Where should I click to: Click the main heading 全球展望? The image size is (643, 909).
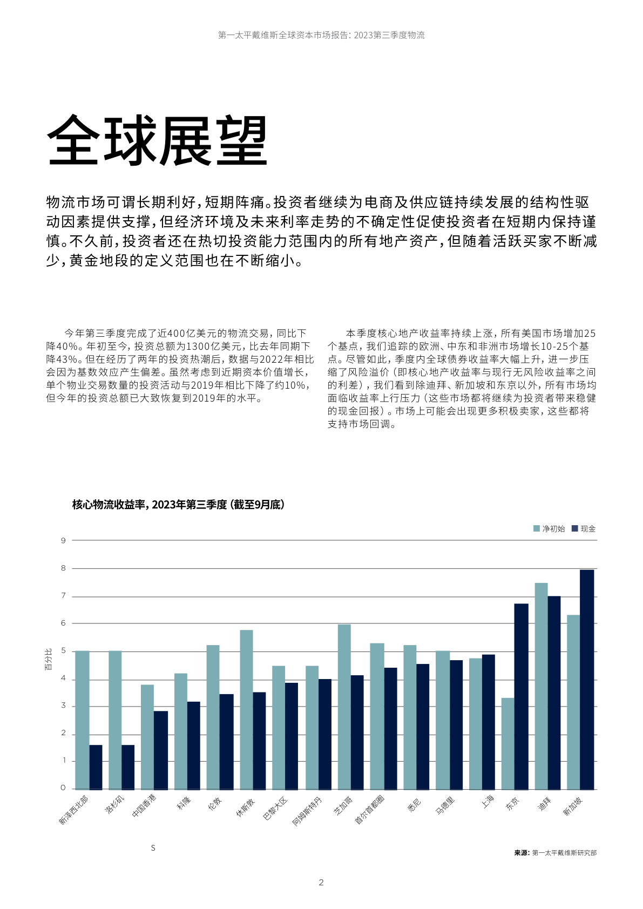tap(157, 140)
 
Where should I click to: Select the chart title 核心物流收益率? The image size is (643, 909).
tap(178, 505)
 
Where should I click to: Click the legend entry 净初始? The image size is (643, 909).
tap(549, 529)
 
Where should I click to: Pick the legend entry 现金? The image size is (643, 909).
tap(584, 529)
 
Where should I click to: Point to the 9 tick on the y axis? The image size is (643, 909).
tap(63, 540)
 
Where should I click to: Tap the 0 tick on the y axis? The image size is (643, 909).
tap(63, 788)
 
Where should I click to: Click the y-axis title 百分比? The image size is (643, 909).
tap(49, 660)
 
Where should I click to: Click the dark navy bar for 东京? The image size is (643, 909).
tap(521, 696)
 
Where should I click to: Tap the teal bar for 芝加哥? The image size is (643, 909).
tap(344, 707)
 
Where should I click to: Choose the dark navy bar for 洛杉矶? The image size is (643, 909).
tap(128, 767)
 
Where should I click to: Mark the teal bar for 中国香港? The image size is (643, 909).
tap(147, 737)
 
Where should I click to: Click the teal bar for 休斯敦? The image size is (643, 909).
tap(246, 709)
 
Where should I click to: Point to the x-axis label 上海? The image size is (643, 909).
tap(488, 802)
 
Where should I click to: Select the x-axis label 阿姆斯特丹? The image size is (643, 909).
tap(307, 811)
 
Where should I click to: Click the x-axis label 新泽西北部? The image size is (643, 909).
tap(73, 810)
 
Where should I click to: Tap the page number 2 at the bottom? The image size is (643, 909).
tap(321, 883)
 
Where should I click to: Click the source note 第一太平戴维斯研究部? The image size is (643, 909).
tap(564, 853)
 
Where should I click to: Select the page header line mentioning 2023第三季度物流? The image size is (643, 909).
tap(321, 35)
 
